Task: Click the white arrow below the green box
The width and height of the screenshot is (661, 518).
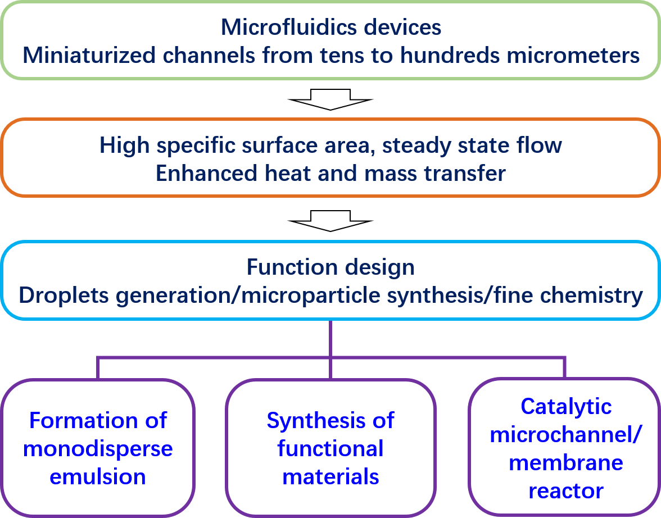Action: pos(330,99)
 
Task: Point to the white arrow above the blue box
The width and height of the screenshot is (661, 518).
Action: pos(330,221)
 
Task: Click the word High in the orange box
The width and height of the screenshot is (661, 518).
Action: pos(125,146)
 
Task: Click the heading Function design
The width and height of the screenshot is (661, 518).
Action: pos(330,267)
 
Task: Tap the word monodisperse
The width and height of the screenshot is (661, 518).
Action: pos(98,449)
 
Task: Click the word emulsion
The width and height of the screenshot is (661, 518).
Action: pos(98,477)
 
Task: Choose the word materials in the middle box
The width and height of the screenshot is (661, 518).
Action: pos(330,477)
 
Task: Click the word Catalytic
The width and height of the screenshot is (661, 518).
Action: pos(566,406)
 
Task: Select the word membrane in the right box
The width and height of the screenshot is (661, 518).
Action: pos(566,463)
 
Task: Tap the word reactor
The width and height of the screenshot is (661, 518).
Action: pos(566,491)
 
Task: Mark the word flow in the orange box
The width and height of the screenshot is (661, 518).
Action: pos(541,146)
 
